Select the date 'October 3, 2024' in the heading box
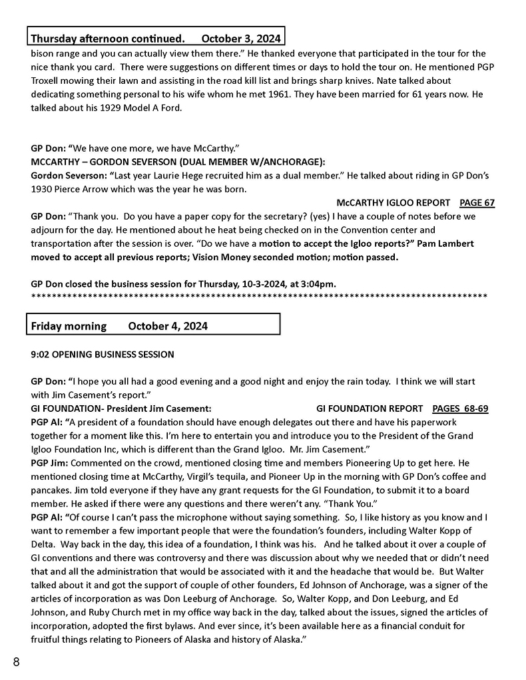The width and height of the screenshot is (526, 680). [x=240, y=38]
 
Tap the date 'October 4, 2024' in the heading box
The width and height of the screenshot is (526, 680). [x=168, y=326]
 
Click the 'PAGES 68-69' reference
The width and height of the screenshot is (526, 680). [x=460, y=409]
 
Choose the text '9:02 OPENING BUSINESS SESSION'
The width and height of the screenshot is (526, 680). [x=103, y=355]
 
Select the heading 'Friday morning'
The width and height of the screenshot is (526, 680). [x=69, y=326]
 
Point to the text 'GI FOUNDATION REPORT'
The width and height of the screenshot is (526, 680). [x=370, y=409]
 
